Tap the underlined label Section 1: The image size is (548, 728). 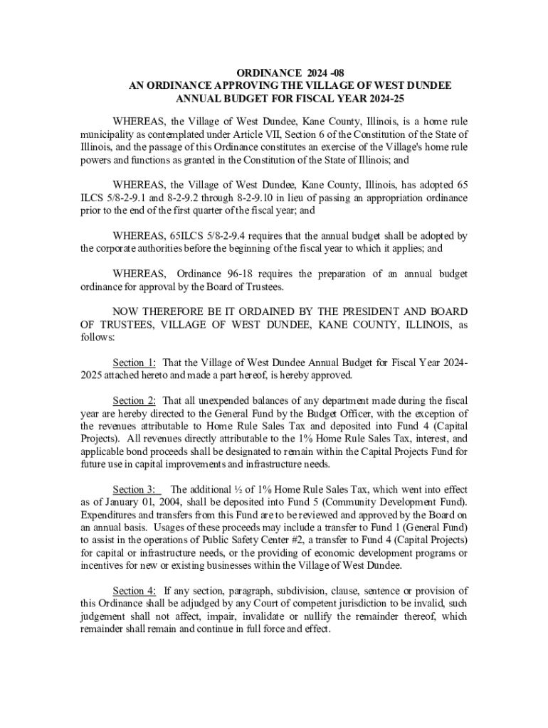coord(135,362)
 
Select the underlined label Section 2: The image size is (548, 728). coord(135,400)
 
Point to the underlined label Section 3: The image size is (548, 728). coord(137,489)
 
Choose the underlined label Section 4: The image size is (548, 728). coord(135,591)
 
